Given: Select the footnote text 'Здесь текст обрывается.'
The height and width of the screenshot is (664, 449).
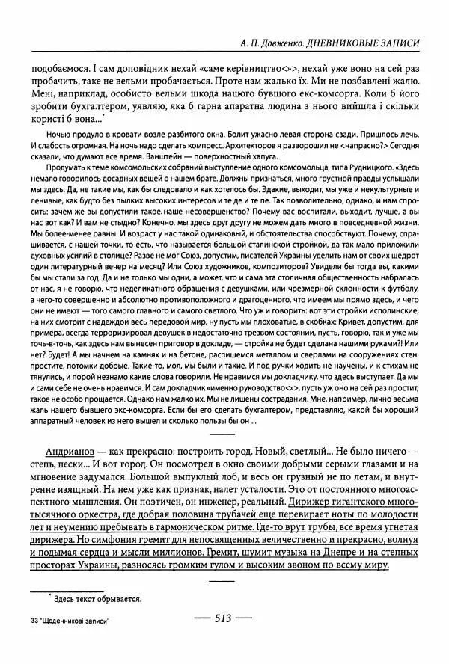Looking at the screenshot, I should pyautogui.click(x=96, y=599).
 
